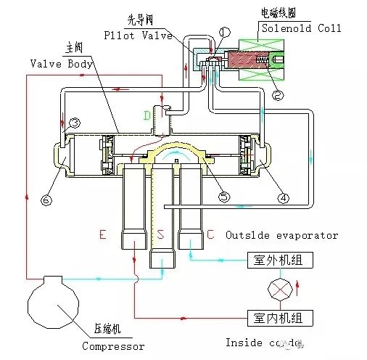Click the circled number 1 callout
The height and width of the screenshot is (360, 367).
tap(223, 31)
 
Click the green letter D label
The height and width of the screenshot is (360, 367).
tap(148, 115)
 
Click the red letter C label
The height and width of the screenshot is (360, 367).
tap(210, 235)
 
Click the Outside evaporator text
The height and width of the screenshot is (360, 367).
tap(281, 235)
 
